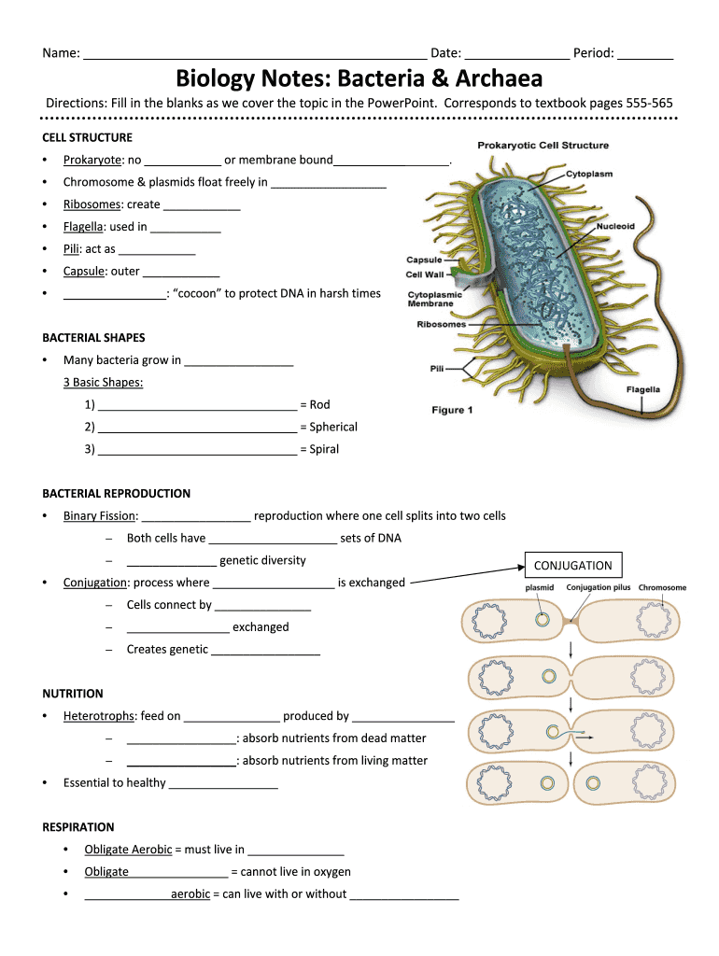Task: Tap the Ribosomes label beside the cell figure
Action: pos(441,325)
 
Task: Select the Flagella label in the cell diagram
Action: pos(642,389)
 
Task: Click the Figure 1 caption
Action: pos(452,411)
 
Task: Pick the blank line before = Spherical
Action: pos(197,429)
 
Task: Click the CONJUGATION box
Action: pos(572,565)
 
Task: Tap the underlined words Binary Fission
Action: pos(100,515)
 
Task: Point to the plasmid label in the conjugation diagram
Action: pos(540,588)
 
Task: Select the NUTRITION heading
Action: pos(73,694)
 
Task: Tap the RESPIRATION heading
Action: pos(78,827)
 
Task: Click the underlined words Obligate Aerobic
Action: pos(128,850)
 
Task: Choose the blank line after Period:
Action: pos(645,55)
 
